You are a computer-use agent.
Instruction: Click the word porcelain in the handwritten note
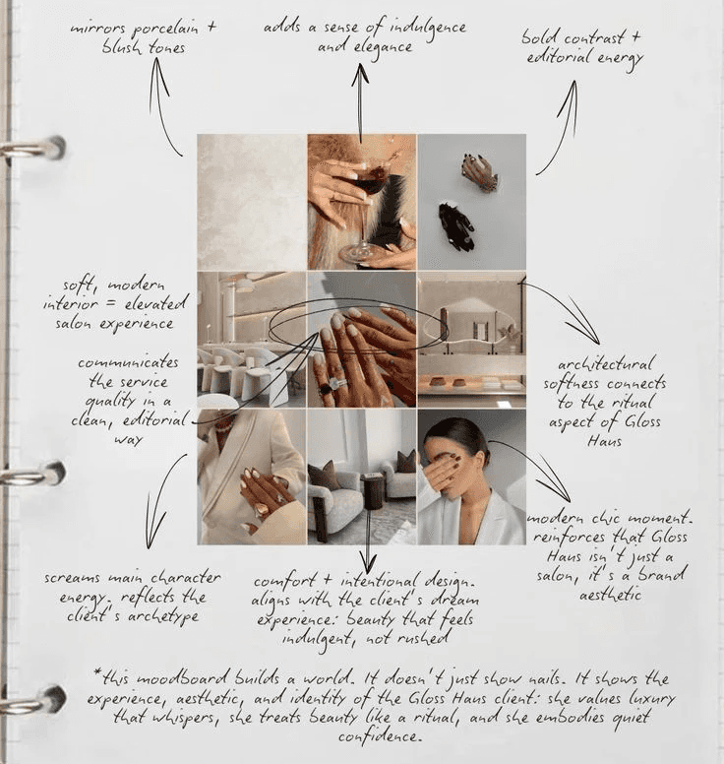click(165, 30)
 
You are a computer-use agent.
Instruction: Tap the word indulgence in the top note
click(429, 29)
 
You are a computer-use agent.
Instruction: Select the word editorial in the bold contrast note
click(559, 57)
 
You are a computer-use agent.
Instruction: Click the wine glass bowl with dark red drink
click(368, 182)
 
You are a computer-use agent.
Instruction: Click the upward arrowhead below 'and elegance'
click(360, 75)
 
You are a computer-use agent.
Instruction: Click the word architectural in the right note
click(604, 365)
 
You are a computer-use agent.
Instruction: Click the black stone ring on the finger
click(324, 389)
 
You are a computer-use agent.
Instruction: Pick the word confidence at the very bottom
click(379, 736)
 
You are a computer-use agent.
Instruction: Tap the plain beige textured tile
click(252, 202)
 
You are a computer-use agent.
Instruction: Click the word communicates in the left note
click(128, 363)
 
